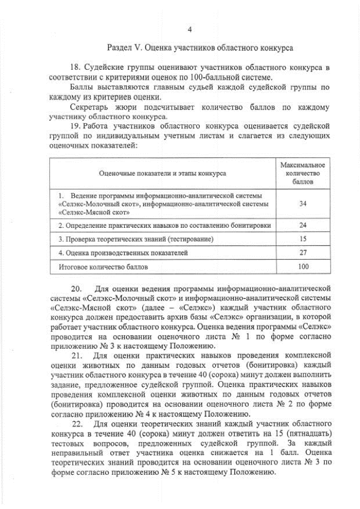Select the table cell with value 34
(302, 203)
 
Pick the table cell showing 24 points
(302, 225)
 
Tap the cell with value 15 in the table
(302, 239)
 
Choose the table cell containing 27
(302, 253)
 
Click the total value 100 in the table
(302, 266)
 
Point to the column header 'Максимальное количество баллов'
(302, 173)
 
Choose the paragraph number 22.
(77, 423)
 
